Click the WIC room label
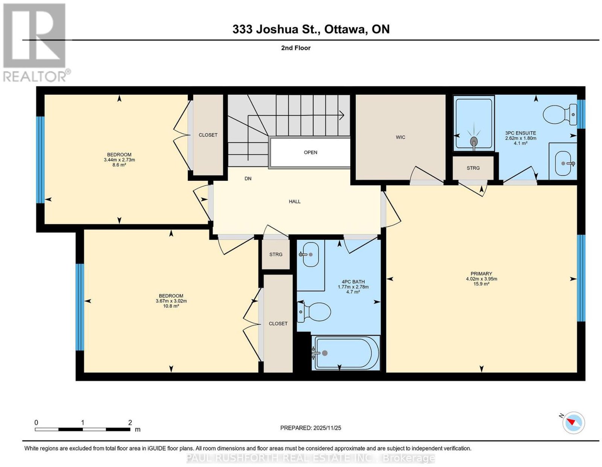[x=400, y=137]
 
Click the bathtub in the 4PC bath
[x=345, y=353]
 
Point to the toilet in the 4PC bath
[x=314, y=312]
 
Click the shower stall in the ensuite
[x=474, y=123]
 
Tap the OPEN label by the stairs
[x=310, y=153]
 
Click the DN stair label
[x=248, y=178]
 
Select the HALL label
[x=295, y=201]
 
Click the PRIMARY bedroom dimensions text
[x=482, y=279]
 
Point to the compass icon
[x=573, y=431]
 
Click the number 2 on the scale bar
[x=130, y=423]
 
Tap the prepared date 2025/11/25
[x=327, y=428]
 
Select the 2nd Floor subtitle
[x=296, y=48]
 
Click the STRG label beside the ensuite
[x=473, y=168]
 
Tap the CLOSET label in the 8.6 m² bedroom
[x=208, y=135]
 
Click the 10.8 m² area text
[x=171, y=306]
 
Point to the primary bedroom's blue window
[x=581, y=278]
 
